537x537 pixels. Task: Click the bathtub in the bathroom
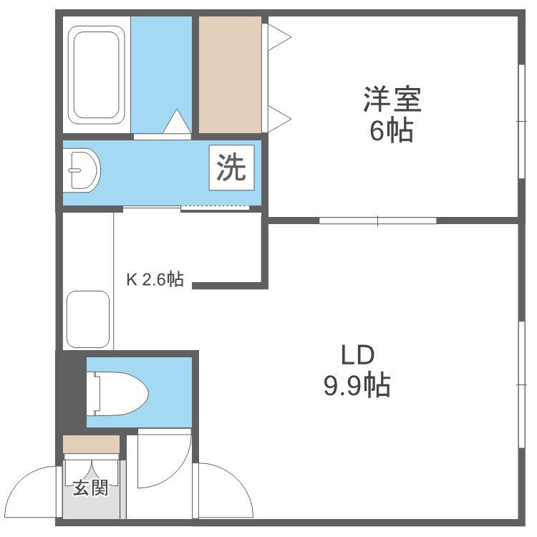tap(97, 75)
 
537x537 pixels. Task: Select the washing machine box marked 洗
tap(232, 168)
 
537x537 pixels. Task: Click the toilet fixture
tap(117, 393)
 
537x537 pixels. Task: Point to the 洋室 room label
tap(392, 100)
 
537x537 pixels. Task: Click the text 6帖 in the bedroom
tap(391, 130)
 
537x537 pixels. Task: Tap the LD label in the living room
tap(357, 355)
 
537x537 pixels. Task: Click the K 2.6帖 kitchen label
tap(155, 279)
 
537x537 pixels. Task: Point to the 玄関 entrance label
tap(91, 488)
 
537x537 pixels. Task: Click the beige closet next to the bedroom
tap(230, 74)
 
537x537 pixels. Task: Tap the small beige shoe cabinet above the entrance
tap(91, 444)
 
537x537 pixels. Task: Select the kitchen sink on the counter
tap(88, 319)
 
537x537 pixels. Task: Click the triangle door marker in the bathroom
tap(177, 121)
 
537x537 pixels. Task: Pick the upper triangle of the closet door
tap(279, 37)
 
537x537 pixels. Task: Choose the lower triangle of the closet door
tap(279, 119)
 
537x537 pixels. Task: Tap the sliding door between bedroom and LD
tap(378, 221)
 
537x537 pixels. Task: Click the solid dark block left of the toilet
tap(71, 392)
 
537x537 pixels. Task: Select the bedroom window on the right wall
tap(521, 121)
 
